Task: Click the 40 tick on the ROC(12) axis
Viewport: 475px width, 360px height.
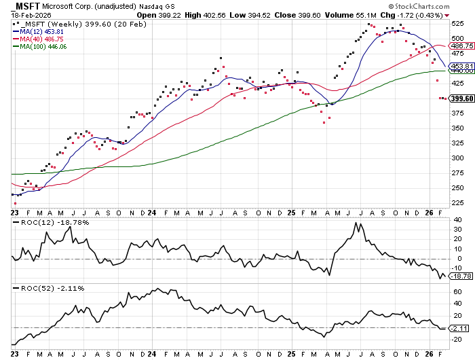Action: pos(458,219)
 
